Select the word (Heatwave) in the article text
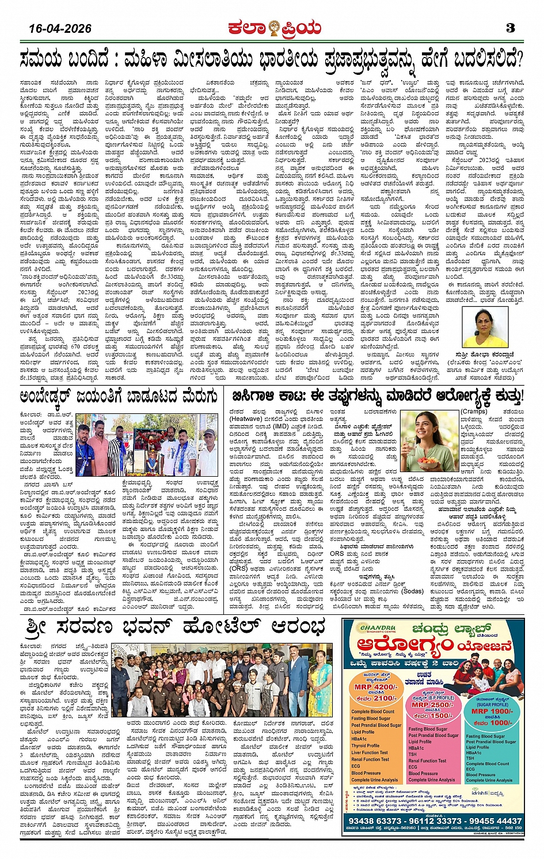pos(246,419)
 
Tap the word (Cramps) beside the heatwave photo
pos(474,412)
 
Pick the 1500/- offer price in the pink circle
pos(433,716)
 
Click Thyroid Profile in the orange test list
pos(366,746)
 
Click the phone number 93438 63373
pos(375,821)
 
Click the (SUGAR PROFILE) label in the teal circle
pos(492,704)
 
